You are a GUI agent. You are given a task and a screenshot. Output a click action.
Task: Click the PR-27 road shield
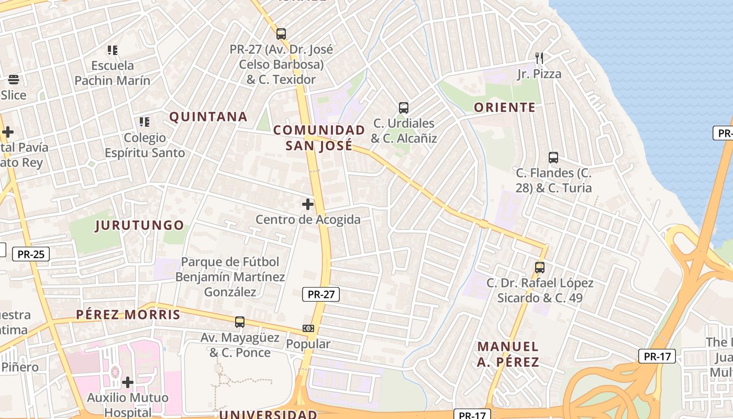(321, 294)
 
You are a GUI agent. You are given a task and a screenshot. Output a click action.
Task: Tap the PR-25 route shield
(31, 255)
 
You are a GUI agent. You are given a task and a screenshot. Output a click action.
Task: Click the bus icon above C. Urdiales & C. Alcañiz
(403, 108)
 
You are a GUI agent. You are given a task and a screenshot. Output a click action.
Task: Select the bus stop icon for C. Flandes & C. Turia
(553, 157)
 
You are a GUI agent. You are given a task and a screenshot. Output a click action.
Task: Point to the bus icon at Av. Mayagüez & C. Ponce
(240, 322)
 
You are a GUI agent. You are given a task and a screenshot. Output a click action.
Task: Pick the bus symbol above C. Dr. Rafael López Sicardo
(540, 268)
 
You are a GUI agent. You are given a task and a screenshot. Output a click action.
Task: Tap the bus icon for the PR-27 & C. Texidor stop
(281, 34)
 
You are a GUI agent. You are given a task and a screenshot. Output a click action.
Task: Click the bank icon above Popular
(308, 328)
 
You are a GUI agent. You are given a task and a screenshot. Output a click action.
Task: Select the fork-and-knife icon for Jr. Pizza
(539, 58)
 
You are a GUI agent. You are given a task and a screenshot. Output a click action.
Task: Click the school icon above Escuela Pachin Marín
(113, 50)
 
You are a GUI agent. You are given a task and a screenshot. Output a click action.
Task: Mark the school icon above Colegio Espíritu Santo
(144, 122)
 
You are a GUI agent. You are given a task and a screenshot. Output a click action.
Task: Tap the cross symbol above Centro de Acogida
(308, 204)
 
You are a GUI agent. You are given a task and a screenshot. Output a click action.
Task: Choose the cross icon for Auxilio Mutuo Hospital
(128, 382)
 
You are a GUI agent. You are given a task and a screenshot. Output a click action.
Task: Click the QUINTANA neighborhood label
(208, 117)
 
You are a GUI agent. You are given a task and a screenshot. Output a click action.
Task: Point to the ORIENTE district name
(505, 107)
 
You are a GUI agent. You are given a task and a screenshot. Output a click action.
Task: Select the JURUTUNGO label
(139, 226)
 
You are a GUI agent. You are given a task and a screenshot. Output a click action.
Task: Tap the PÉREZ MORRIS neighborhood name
(128, 315)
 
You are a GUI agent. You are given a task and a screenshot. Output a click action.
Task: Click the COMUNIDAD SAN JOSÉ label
(319, 138)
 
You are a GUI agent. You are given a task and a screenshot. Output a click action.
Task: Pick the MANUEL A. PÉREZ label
(508, 354)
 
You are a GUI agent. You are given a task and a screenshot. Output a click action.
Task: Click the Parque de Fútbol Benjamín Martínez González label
(230, 277)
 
